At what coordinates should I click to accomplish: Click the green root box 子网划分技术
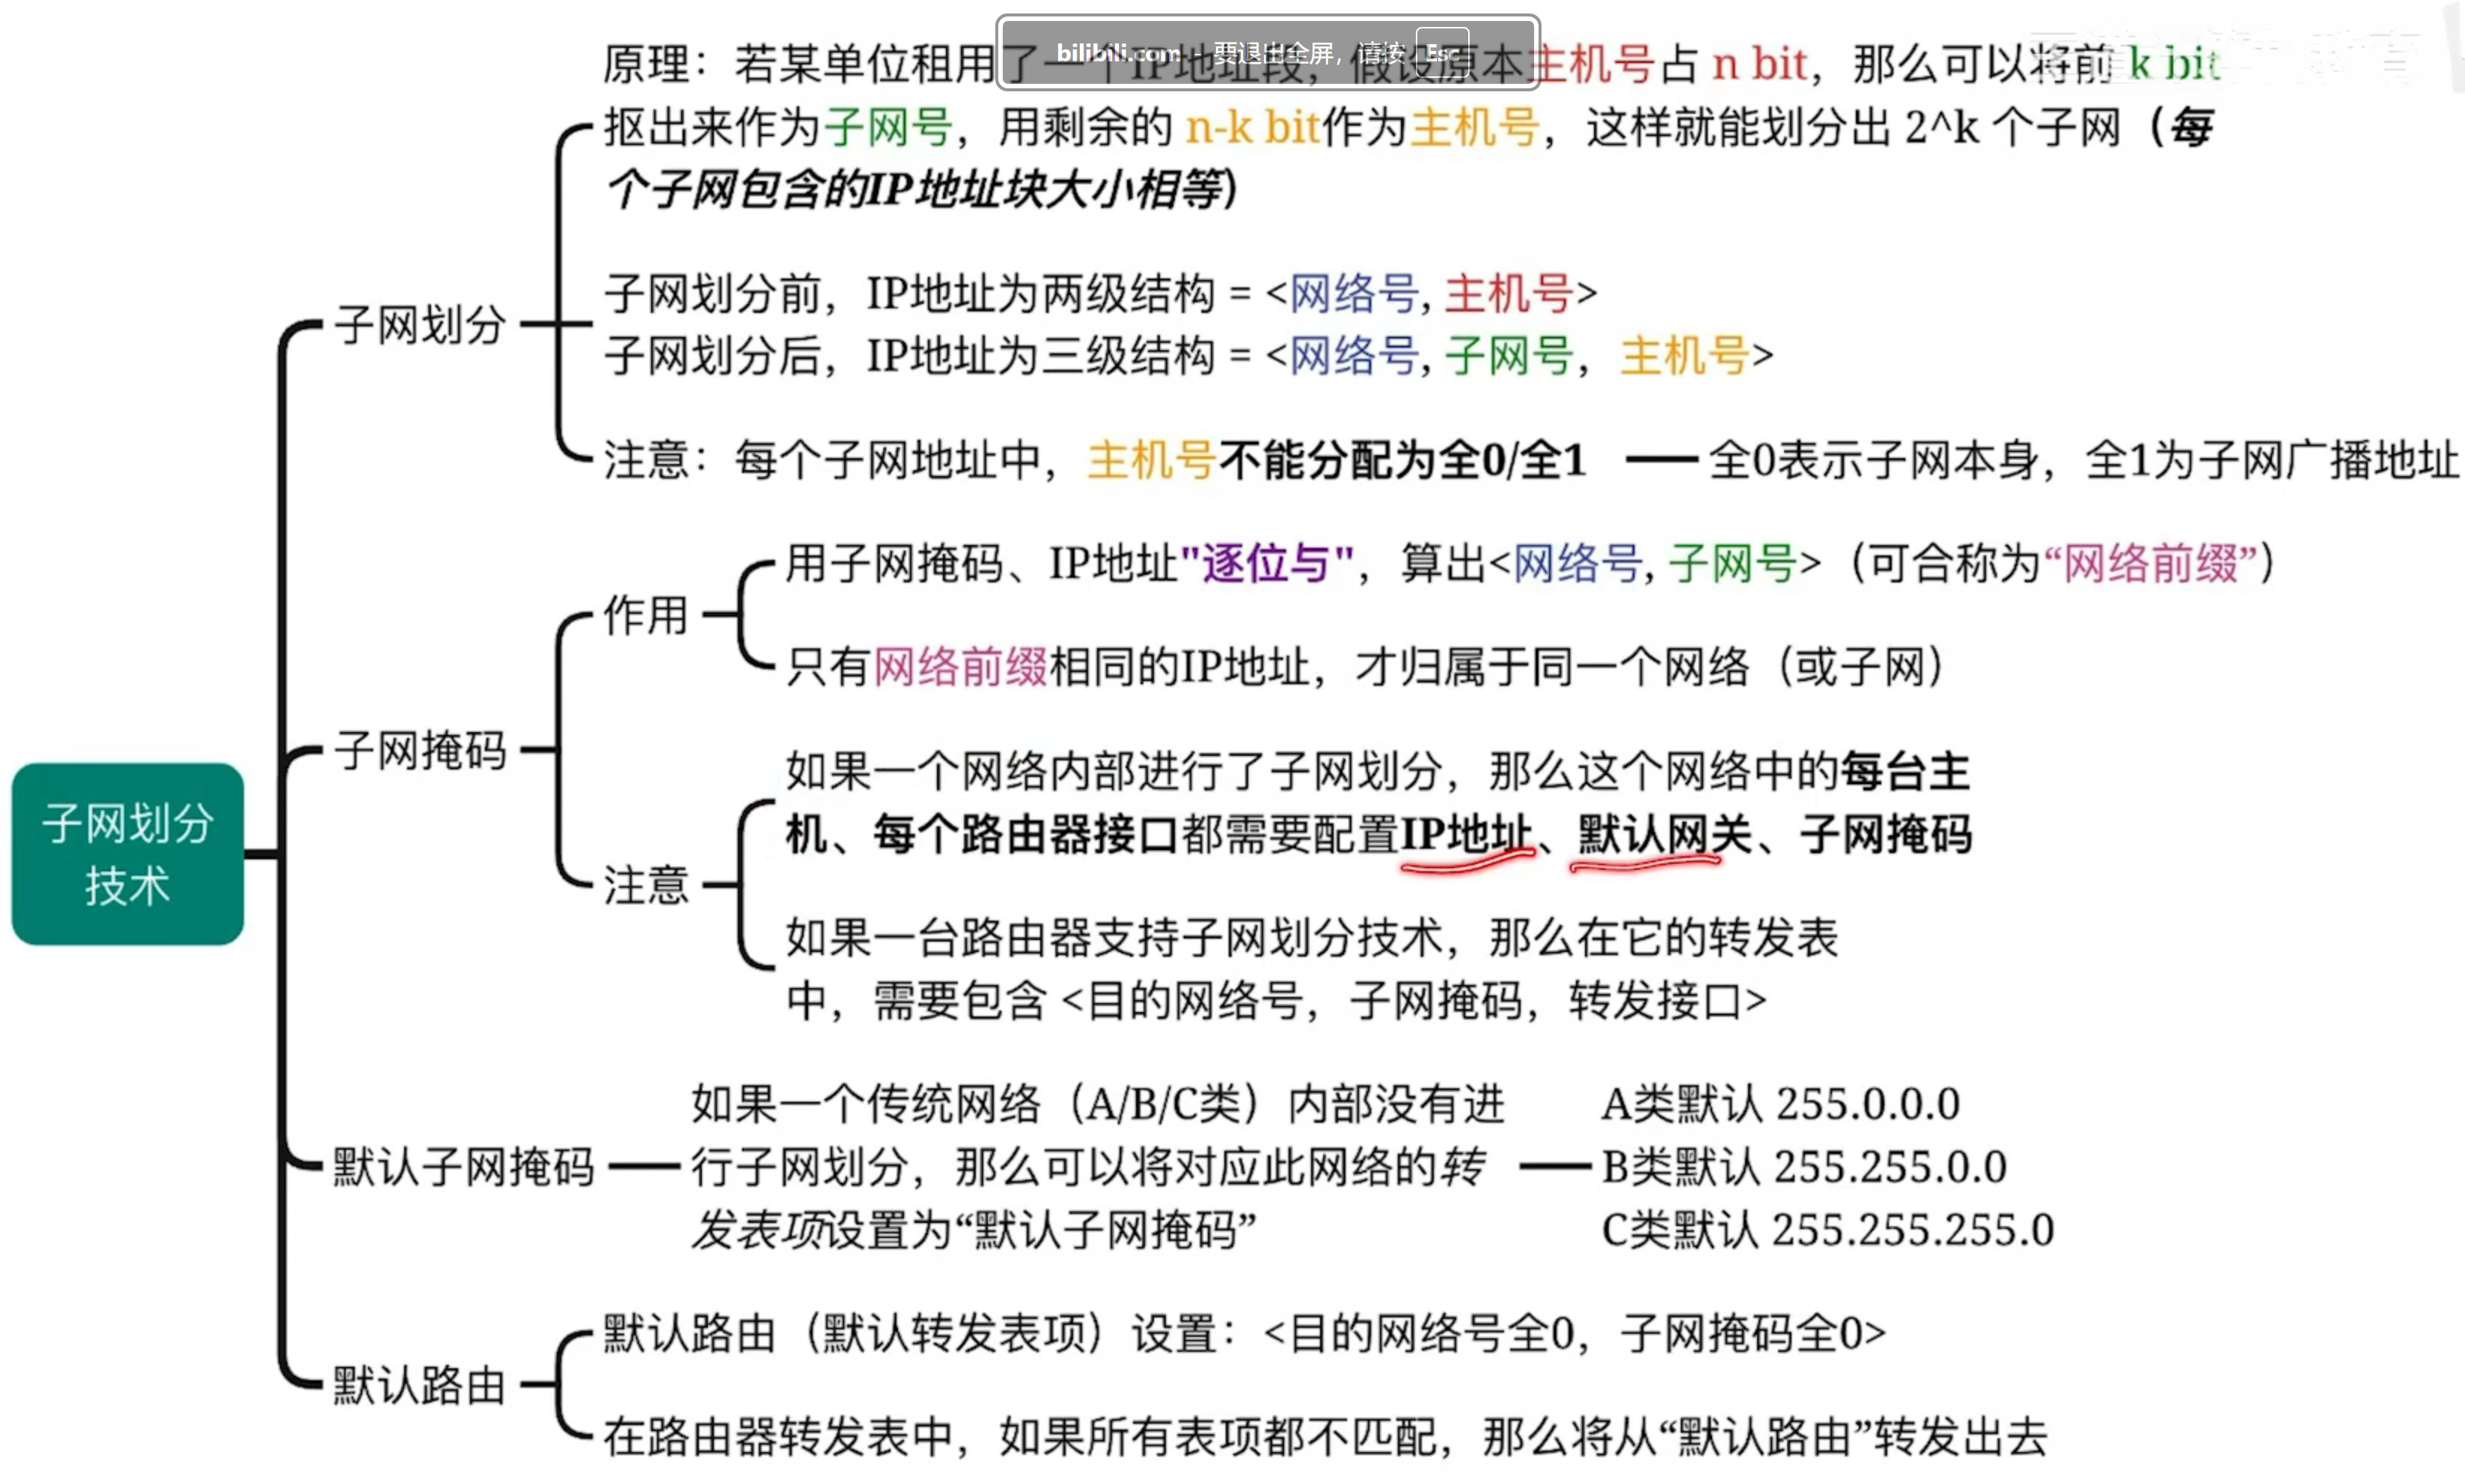click(127, 854)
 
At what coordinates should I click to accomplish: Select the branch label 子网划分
click(420, 325)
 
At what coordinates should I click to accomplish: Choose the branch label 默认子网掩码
click(462, 1166)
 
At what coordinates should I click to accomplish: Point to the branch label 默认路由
click(418, 1385)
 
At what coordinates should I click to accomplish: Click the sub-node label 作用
click(646, 615)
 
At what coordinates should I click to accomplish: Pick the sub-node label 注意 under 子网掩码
click(646, 885)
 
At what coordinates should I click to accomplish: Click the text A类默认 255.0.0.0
click(1780, 1104)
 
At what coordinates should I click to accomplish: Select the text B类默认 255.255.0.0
click(1803, 1167)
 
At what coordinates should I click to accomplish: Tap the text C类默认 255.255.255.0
click(1827, 1230)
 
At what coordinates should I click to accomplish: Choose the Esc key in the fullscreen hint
click(1442, 53)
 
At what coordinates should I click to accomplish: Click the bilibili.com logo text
click(1118, 53)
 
